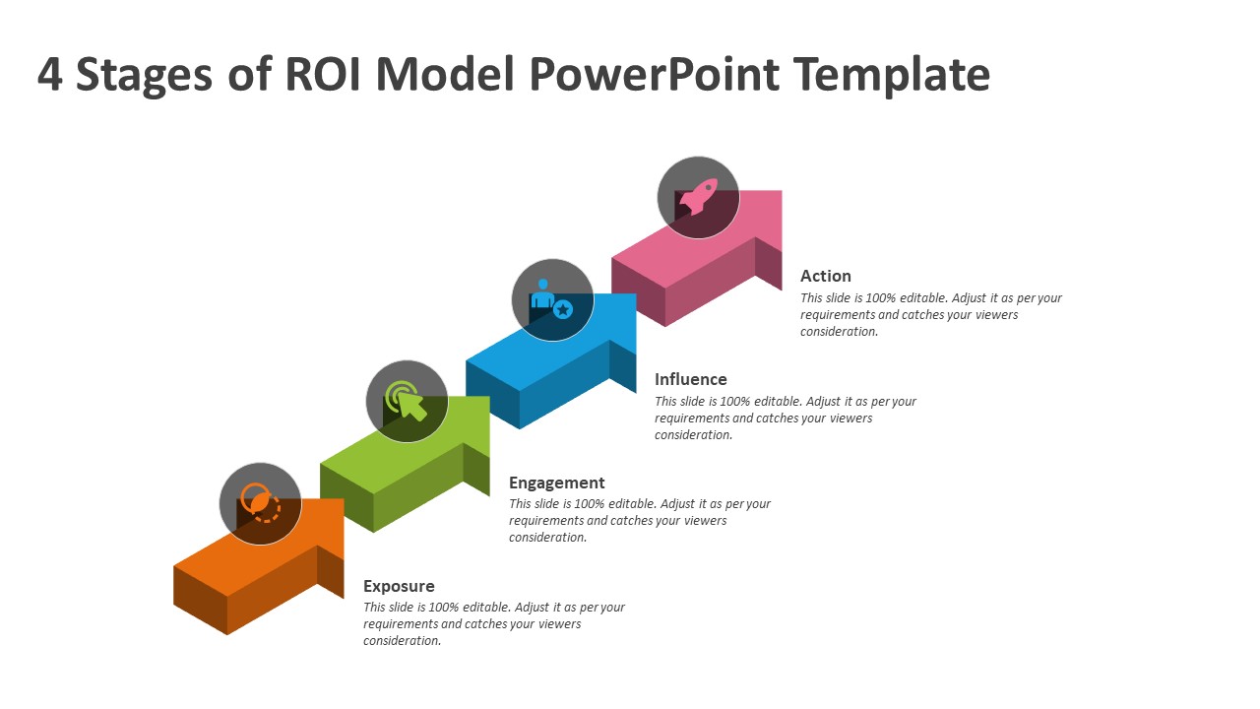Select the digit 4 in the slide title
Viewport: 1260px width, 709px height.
[50, 75]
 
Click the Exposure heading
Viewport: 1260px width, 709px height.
[399, 586]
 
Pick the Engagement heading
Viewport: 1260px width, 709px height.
[556, 483]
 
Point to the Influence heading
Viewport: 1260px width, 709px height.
[690, 379]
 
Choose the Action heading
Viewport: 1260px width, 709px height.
[825, 276]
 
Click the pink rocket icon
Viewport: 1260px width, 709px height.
[698, 196]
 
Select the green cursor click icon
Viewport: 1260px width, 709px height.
[407, 401]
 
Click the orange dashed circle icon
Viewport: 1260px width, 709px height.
[261, 503]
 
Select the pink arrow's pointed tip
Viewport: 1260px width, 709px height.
[780, 193]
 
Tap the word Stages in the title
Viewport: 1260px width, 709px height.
[144, 75]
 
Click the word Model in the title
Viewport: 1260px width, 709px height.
[446, 75]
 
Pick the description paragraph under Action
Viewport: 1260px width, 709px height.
[930, 315]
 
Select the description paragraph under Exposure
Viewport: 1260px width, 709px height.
[493, 624]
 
